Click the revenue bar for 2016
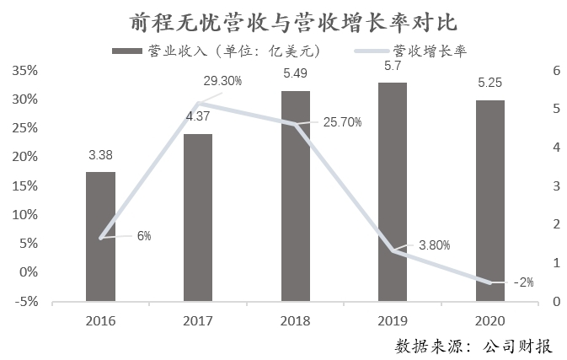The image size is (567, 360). (100, 236)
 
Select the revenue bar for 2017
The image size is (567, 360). (198, 218)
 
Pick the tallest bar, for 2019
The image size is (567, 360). (393, 191)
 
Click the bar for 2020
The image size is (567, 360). (490, 201)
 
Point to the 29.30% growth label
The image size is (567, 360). (222, 82)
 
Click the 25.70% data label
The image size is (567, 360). (342, 122)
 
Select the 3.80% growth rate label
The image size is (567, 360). (435, 245)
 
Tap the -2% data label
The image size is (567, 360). (523, 282)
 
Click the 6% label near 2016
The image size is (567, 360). (144, 236)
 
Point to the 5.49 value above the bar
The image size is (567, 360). (295, 74)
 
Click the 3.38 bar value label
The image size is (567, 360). (100, 155)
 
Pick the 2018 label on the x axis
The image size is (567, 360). (295, 320)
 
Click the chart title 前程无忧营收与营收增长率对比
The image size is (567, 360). (283, 20)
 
